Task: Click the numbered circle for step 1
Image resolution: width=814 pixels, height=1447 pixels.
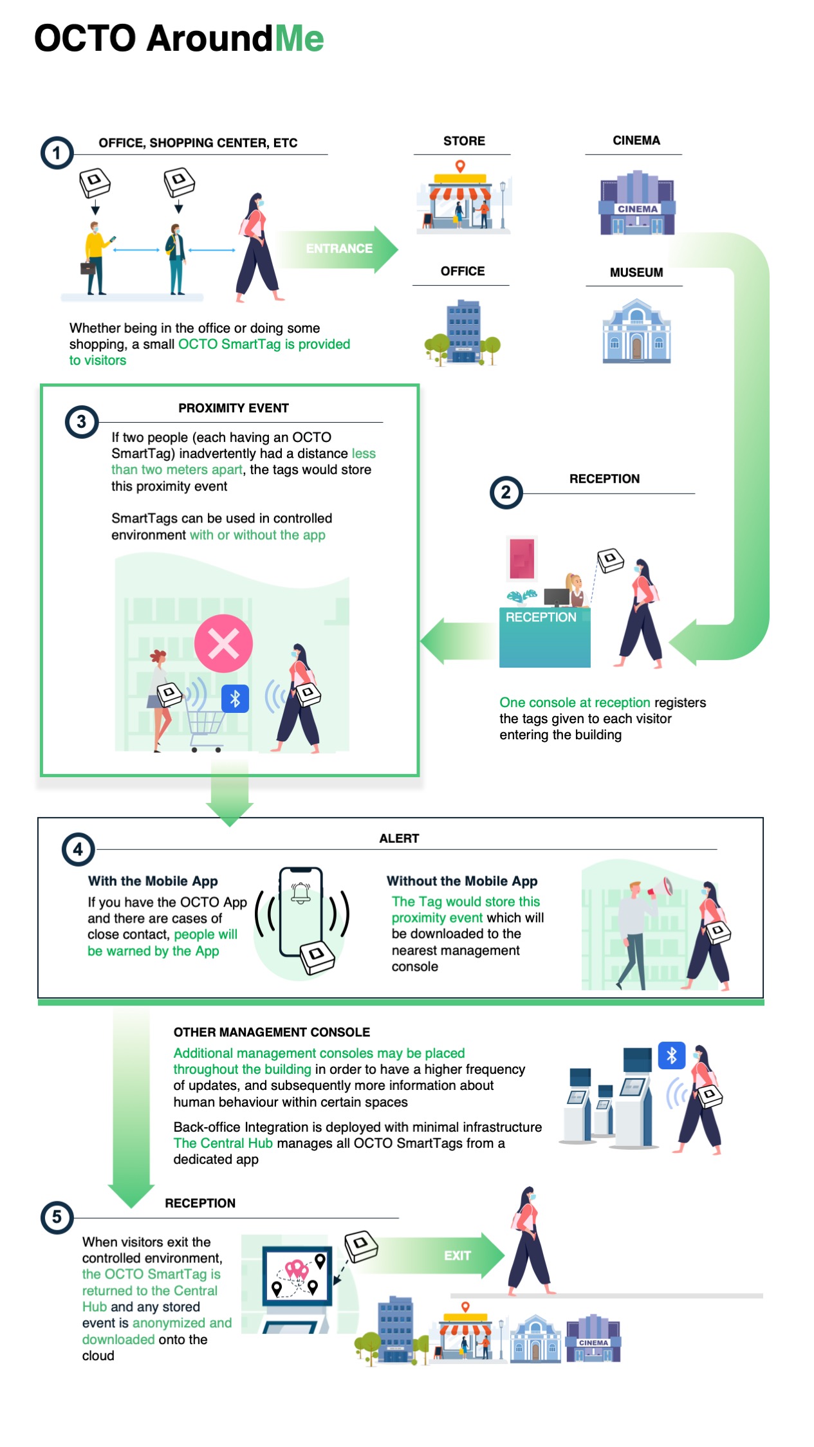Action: [57, 153]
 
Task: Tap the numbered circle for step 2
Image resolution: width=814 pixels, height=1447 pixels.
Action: [506, 493]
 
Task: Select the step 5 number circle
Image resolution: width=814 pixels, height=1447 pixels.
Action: [57, 1217]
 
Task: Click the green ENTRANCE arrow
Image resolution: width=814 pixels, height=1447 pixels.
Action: [338, 249]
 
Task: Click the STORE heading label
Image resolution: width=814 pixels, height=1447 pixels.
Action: [464, 141]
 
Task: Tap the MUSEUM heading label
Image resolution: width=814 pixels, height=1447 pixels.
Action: [636, 272]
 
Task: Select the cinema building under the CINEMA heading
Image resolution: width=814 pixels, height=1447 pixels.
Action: [637, 203]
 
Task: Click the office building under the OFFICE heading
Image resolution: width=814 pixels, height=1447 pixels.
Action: [463, 332]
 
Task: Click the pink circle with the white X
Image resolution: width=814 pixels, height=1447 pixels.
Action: [223, 643]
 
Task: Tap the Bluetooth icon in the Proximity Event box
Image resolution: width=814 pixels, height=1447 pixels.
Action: [235, 699]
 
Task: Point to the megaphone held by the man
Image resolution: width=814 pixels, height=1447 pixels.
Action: [661, 889]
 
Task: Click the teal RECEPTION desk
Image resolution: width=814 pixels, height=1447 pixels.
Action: [544, 637]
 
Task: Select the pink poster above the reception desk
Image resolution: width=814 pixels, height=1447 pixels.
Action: [522, 559]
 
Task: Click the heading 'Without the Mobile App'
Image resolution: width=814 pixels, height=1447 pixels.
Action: [462, 881]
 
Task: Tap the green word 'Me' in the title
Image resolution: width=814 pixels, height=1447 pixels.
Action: [299, 38]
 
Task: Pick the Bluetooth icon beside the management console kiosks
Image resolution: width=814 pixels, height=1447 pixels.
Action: [672, 1055]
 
